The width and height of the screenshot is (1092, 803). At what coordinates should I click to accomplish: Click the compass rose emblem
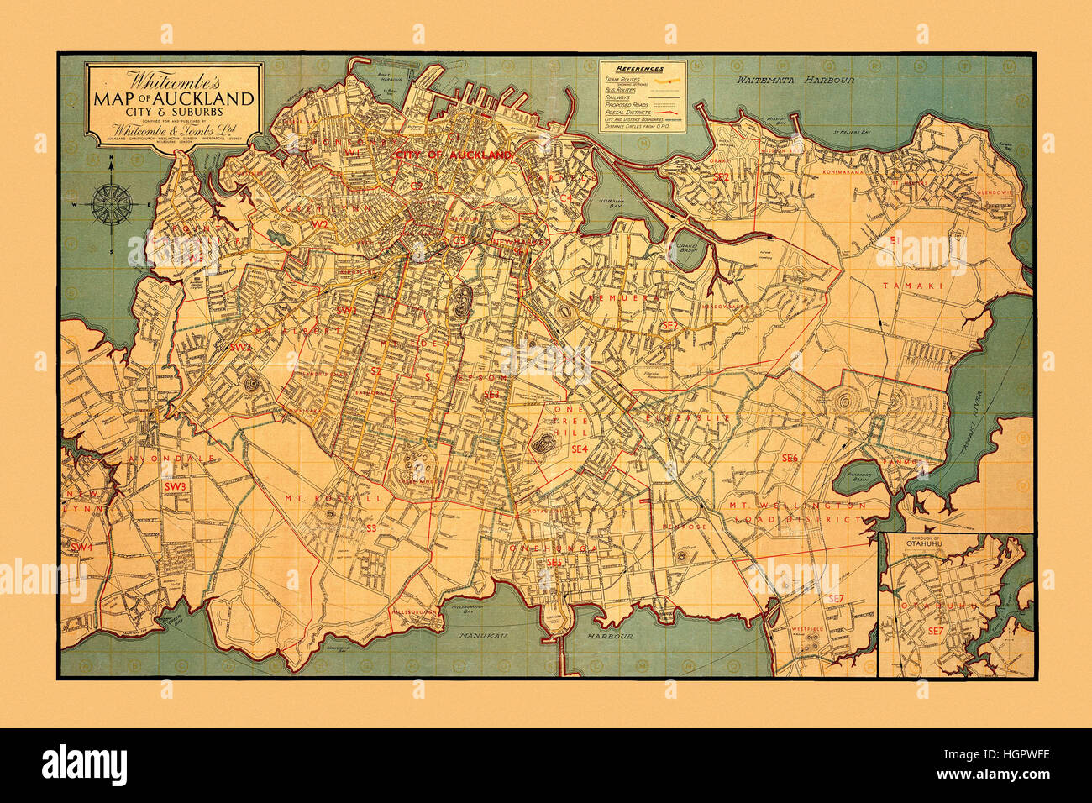coord(111,204)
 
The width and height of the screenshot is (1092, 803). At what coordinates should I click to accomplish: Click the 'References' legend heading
coord(640,68)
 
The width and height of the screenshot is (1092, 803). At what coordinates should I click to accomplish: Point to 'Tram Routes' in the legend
coord(622,79)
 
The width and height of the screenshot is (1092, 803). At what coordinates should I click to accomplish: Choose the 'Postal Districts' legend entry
coord(627,112)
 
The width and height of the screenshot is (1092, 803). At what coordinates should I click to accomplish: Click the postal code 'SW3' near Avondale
coord(175,486)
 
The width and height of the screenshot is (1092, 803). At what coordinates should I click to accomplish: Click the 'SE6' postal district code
coord(789,458)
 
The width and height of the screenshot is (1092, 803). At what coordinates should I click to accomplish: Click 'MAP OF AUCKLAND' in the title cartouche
coord(176,98)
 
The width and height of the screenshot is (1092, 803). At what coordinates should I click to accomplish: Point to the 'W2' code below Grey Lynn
coord(320,224)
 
